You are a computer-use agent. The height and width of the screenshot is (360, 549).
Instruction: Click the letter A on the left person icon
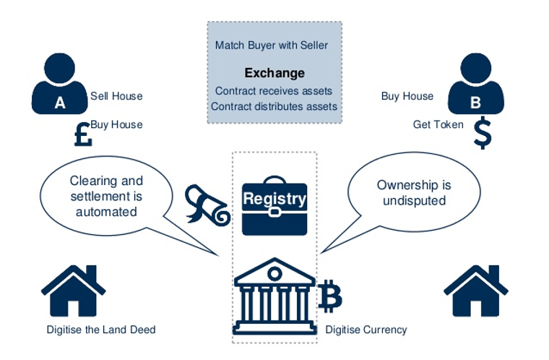click(x=60, y=103)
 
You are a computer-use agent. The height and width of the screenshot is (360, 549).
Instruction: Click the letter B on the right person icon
click(x=475, y=103)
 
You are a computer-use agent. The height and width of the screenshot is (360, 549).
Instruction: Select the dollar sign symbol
click(x=482, y=133)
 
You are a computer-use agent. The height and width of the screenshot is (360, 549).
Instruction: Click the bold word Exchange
click(x=274, y=73)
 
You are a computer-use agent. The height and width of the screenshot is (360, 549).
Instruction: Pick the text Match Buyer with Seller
click(x=272, y=46)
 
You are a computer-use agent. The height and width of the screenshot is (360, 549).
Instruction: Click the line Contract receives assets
click(x=274, y=91)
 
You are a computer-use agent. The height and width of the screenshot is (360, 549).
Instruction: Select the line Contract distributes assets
click(x=274, y=106)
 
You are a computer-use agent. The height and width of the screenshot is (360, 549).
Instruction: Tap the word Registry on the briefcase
click(x=274, y=199)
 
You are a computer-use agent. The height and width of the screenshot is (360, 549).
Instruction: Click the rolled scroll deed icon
click(x=207, y=204)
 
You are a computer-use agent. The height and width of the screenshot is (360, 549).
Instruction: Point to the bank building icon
click(x=274, y=293)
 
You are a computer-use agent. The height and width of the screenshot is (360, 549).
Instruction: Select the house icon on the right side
click(x=475, y=291)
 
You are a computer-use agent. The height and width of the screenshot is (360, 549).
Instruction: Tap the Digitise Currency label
click(x=366, y=330)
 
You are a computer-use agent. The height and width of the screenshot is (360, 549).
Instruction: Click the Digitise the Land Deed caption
click(x=100, y=330)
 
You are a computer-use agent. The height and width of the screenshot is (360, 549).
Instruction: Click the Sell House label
click(x=116, y=96)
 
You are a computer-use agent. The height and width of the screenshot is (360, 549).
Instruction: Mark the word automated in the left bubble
click(x=107, y=213)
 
